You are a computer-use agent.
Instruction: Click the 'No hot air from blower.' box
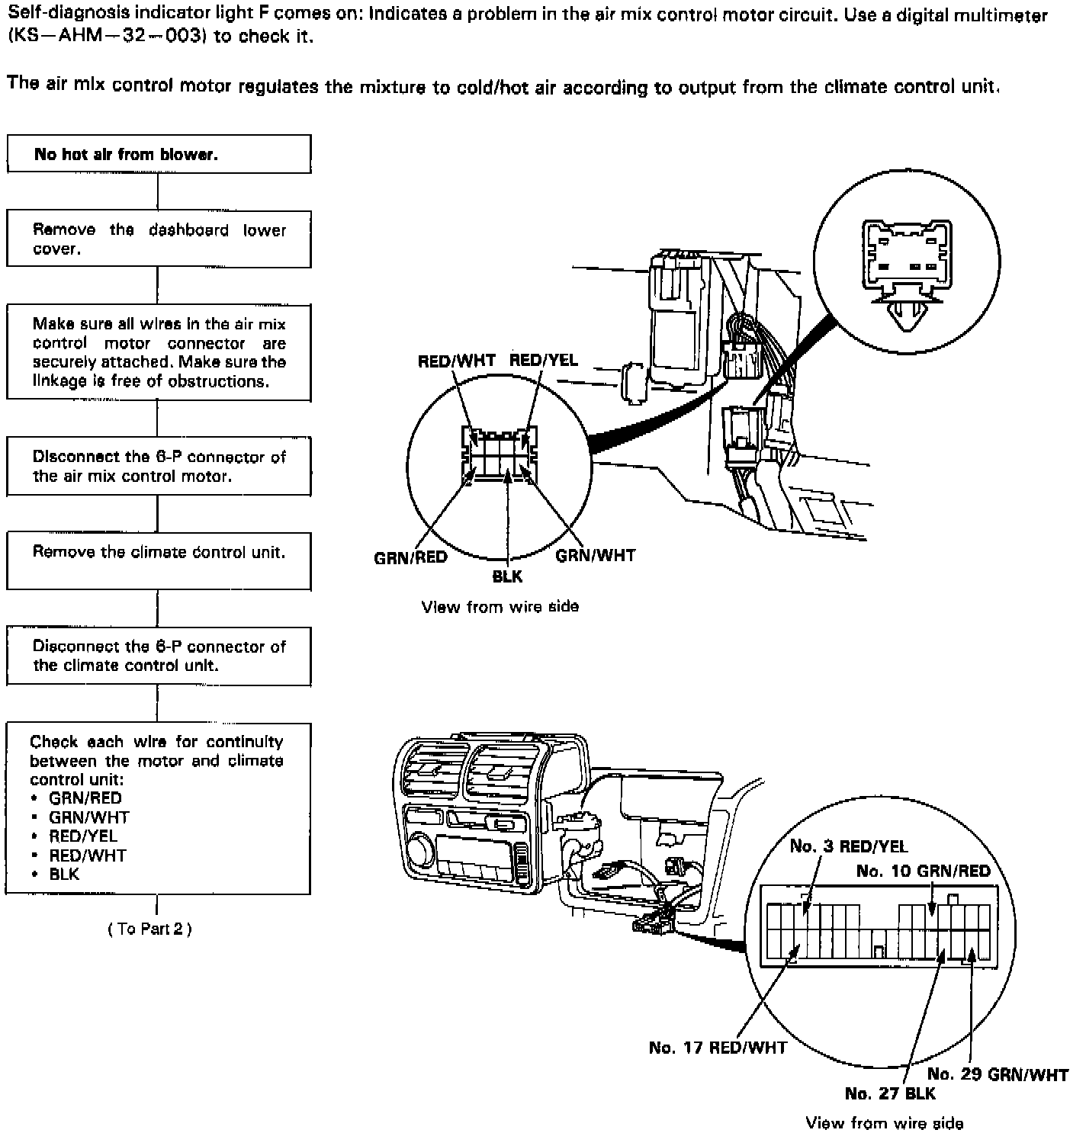[159, 154]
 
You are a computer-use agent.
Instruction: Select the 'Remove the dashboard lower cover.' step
[159, 239]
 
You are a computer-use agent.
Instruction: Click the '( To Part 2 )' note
[149, 929]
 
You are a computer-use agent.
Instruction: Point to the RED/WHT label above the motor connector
[456, 361]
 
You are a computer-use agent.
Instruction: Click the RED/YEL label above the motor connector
[543, 360]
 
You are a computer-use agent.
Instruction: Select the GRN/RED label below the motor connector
[410, 557]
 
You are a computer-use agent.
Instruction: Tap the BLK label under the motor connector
[507, 577]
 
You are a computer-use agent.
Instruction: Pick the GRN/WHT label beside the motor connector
[595, 555]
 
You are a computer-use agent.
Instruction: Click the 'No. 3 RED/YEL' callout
[849, 846]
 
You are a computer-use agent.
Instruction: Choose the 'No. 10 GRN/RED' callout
[923, 871]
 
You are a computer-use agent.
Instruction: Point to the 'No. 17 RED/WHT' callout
[717, 1048]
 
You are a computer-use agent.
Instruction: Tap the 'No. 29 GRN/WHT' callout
[998, 1074]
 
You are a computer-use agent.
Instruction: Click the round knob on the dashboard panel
[420, 849]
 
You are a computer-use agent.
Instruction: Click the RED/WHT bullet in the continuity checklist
[88, 855]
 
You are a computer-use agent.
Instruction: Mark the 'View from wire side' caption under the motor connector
[500, 607]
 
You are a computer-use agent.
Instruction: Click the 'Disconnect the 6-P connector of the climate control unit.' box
[159, 656]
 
